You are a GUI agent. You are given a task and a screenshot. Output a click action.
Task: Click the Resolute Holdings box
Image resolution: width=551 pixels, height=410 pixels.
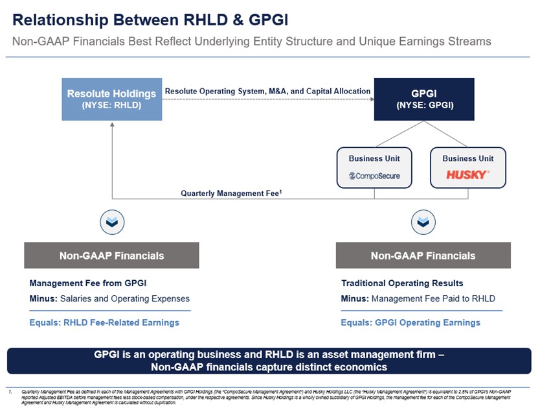point(111,99)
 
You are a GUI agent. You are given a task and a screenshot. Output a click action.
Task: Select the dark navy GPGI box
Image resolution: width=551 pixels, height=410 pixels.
point(424,99)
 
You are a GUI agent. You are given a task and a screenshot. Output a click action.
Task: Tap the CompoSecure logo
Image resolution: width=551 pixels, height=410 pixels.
point(374,175)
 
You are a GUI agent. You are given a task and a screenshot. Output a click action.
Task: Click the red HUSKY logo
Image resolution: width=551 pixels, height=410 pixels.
point(467,175)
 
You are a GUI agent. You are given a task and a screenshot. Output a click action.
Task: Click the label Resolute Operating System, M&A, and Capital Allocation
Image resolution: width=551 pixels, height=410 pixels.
point(267,91)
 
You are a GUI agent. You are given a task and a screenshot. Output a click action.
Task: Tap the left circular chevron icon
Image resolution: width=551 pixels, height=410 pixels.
point(112,223)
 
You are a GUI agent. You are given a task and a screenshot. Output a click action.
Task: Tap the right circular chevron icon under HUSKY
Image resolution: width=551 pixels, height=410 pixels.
point(423,223)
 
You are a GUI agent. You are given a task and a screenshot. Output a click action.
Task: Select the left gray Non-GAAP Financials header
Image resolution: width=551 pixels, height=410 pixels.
point(111,256)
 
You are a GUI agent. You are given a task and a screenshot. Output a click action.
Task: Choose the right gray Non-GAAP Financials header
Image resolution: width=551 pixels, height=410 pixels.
point(423,256)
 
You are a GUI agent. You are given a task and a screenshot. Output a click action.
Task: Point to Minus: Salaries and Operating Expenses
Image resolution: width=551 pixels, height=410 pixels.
point(109,299)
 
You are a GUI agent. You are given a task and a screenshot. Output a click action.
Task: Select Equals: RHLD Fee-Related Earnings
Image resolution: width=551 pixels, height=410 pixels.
point(104,322)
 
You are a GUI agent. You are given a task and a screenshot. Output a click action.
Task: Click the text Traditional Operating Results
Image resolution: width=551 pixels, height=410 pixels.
point(402,283)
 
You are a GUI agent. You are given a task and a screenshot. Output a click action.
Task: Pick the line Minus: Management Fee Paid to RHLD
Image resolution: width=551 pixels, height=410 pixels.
point(418,299)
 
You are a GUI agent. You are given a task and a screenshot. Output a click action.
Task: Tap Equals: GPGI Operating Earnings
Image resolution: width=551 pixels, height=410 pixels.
point(410,322)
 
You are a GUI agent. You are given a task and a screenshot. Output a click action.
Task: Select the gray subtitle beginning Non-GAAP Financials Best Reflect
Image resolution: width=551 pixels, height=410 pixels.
point(251,42)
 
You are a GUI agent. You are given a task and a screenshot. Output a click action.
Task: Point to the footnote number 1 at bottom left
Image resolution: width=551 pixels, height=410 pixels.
point(10,392)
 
